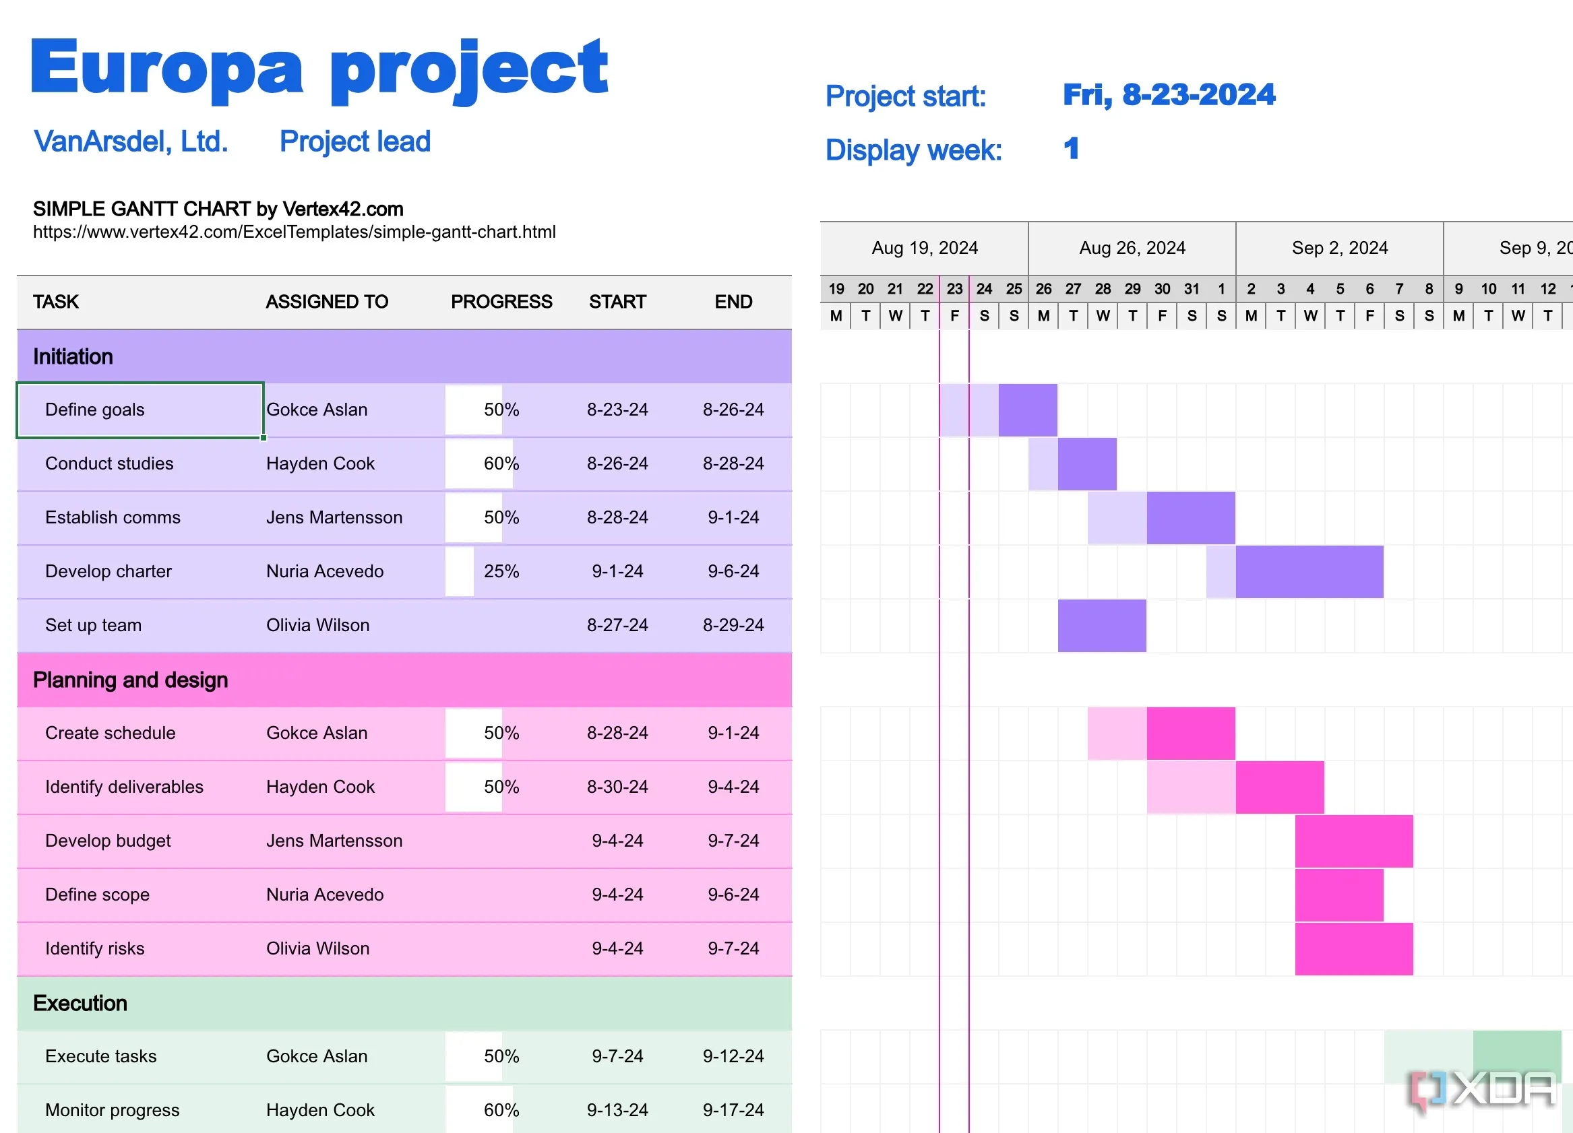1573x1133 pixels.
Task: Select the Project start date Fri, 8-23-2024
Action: point(1168,95)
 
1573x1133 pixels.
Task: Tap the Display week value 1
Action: point(1071,148)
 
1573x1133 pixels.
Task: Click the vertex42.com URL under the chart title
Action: point(294,232)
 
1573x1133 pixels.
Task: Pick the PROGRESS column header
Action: point(501,302)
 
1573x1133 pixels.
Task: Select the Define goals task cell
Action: point(140,410)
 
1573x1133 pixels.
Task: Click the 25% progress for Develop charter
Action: point(501,571)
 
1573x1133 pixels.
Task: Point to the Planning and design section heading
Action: point(130,680)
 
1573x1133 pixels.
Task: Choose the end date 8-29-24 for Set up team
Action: point(733,625)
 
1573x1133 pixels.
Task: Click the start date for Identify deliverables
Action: point(617,787)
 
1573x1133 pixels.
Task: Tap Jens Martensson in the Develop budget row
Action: point(334,841)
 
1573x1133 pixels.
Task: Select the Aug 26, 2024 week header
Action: point(1131,249)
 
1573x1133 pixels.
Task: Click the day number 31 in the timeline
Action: point(1191,289)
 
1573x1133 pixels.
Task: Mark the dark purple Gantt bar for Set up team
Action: point(1101,625)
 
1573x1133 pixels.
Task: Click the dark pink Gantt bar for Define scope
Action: point(1338,895)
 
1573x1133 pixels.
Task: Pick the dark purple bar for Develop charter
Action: point(1309,572)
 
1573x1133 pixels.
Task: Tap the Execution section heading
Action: point(80,1004)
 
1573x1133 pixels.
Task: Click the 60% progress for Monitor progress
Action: point(501,1110)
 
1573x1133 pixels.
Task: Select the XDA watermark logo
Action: point(1483,1090)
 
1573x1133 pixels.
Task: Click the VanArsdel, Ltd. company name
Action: point(130,141)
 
